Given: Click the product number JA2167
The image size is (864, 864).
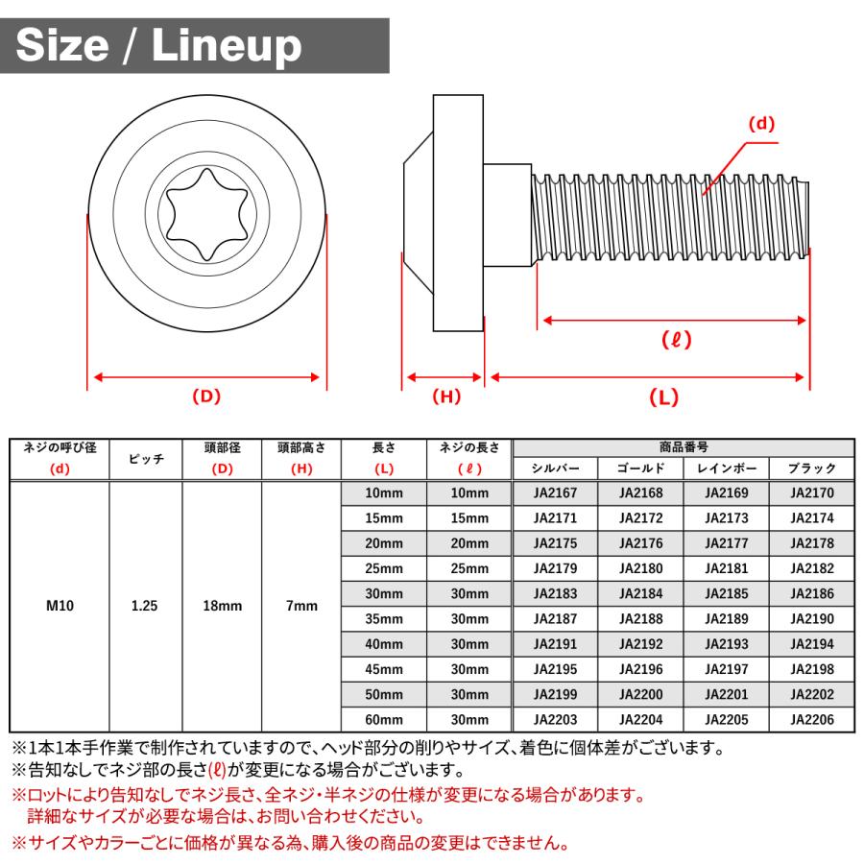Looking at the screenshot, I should tap(555, 493).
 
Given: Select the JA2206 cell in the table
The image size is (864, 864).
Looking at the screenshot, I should tap(811, 719).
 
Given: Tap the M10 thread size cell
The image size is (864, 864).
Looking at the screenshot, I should tap(60, 607).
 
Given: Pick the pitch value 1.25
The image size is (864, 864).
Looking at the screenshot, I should tap(145, 607).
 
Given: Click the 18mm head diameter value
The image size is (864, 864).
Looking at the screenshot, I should tap(222, 607).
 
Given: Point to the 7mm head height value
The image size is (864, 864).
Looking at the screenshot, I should tap(301, 607).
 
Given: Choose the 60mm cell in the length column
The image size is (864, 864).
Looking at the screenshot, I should tap(383, 719).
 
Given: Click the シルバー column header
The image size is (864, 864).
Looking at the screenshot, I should tap(555, 469).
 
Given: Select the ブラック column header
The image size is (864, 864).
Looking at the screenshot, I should tap(811, 469).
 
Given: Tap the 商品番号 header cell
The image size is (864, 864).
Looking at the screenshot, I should tap(684, 447).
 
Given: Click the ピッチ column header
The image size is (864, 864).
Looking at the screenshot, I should tap(145, 459).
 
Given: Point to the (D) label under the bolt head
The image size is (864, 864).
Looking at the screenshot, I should tap(206, 396).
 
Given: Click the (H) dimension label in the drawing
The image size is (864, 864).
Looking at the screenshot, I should tap(445, 396).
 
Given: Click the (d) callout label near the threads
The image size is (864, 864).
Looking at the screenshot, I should tap(761, 124).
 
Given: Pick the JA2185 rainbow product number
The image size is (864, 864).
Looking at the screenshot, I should tap(726, 593).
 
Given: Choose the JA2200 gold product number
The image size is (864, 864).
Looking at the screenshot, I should tap(640, 694).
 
